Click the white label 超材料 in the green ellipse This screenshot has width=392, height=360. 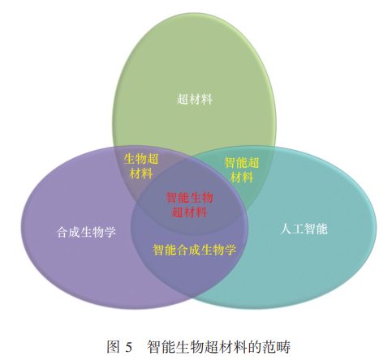click(x=195, y=99)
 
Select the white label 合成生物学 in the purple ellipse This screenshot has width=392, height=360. click(x=86, y=232)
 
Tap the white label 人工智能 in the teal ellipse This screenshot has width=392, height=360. click(x=304, y=229)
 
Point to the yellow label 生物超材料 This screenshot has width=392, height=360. click(x=141, y=166)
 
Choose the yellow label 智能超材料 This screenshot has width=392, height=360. click(x=242, y=170)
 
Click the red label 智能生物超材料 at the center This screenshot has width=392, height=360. click(x=190, y=205)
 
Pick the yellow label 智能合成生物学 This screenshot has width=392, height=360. click(x=195, y=250)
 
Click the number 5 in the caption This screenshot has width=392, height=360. click(x=129, y=347)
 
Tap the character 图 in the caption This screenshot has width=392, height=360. click(x=113, y=347)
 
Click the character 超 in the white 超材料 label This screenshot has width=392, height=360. click(x=183, y=99)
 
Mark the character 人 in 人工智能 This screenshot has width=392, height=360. click(x=286, y=229)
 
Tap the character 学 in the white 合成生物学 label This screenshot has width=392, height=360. click(x=110, y=232)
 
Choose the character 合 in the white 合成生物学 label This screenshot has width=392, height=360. click(x=62, y=232)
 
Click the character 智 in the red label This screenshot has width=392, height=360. click(x=172, y=198)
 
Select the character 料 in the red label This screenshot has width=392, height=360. click(x=201, y=212)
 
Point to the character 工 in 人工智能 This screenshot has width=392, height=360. click(x=298, y=229)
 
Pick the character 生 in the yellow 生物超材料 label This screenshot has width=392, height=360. click(x=129, y=159)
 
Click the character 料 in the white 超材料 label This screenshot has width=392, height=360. click(x=207, y=99)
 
